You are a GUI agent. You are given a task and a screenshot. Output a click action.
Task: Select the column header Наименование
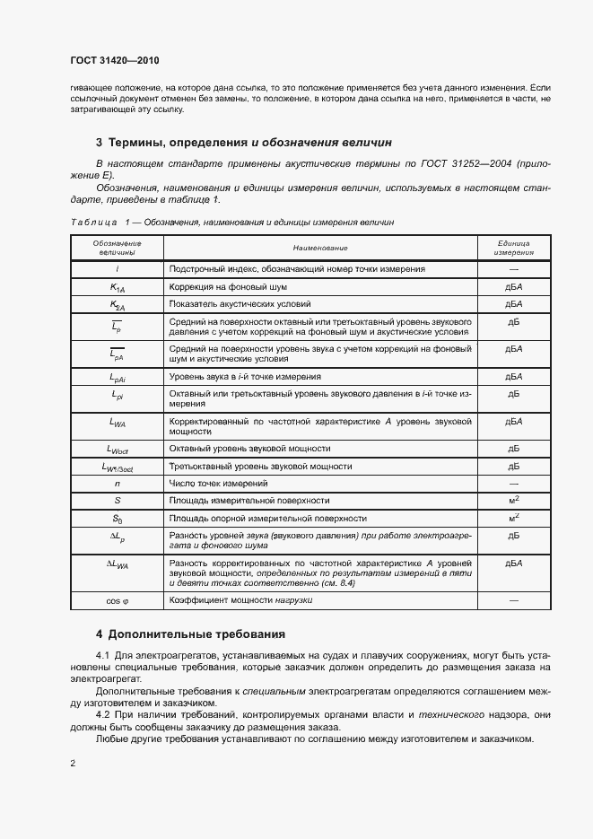[319, 247]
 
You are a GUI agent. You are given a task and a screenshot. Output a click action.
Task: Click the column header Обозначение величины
[117, 247]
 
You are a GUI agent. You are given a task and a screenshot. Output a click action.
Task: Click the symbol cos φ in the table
[117, 599]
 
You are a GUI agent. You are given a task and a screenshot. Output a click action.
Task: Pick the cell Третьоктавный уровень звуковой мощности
[260, 466]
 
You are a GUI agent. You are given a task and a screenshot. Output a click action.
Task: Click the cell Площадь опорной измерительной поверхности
[267, 518]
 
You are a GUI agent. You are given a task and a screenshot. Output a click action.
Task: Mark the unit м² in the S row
[514, 500]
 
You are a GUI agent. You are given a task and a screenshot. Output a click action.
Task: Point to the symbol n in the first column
[117, 482]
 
